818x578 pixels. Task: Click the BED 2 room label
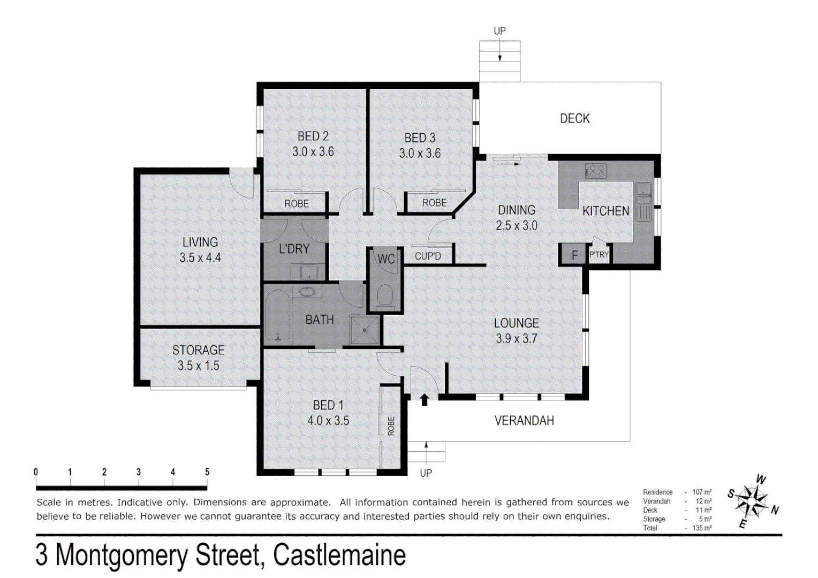[x=313, y=136]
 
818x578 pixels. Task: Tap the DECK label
[x=574, y=118]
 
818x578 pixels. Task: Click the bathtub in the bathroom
[x=277, y=315]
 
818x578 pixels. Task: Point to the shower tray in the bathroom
[x=365, y=330]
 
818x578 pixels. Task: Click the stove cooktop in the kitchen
[x=596, y=171]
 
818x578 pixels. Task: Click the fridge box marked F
[x=574, y=255]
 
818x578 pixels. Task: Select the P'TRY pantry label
[x=599, y=255]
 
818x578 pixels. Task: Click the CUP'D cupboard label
[x=428, y=256]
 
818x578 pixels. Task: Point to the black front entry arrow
[x=424, y=399]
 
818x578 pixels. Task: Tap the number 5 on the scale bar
[x=207, y=472]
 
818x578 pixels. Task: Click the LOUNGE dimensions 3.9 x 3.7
[x=516, y=338]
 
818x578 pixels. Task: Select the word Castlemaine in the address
[x=339, y=555]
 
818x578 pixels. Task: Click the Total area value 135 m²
[x=702, y=528]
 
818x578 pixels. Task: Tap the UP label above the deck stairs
[x=499, y=31]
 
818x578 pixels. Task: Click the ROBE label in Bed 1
[x=391, y=426]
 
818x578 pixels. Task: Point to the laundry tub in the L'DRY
[x=308, y=272]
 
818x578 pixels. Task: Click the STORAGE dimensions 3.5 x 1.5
[x=198, y=366]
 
